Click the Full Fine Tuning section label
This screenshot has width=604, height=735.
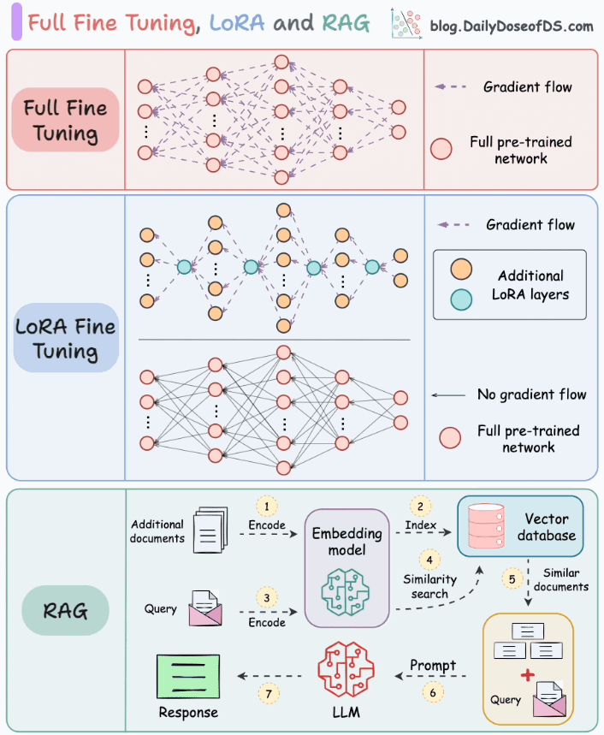pos(66,121)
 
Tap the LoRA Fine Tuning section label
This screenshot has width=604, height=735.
pos(66,339)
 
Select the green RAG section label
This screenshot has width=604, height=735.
pos(66,610)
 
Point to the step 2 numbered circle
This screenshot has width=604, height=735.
pos(421,505)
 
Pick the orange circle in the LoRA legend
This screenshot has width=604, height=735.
pos(463,271)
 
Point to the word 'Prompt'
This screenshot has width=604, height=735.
pos(432,664)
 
